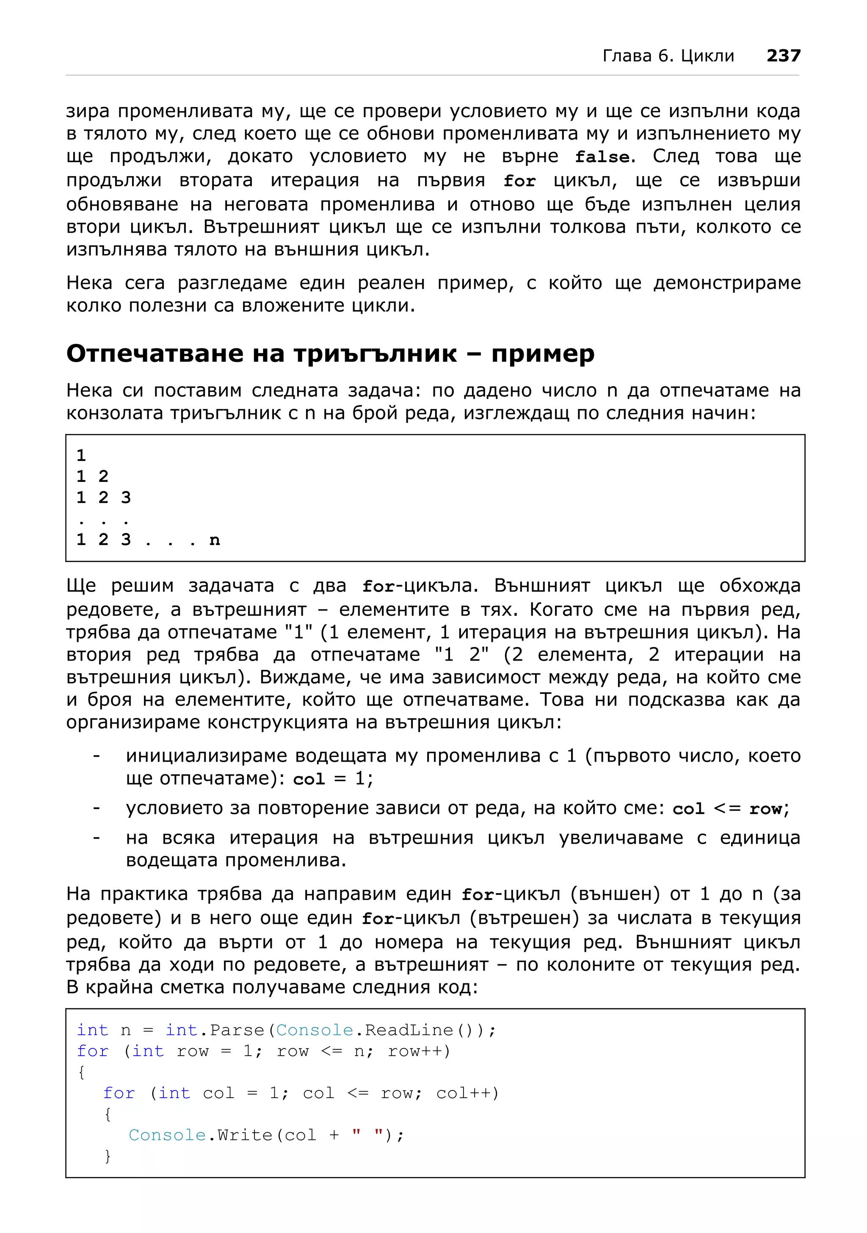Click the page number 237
click(x=783, y=56)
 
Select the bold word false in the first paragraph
click(x=602, y=157)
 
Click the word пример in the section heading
click(x=543, y=354)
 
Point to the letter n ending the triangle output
click(x=214, y=540)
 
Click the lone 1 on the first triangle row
click(x=81, y=455)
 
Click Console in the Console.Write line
click(x=167, y=1135)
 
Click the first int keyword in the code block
click(x=92, y=1030)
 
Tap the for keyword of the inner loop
click(x=119, y=1093)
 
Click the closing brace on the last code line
click(x=108, y=1156)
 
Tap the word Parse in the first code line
click(x=237, y=1030)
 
